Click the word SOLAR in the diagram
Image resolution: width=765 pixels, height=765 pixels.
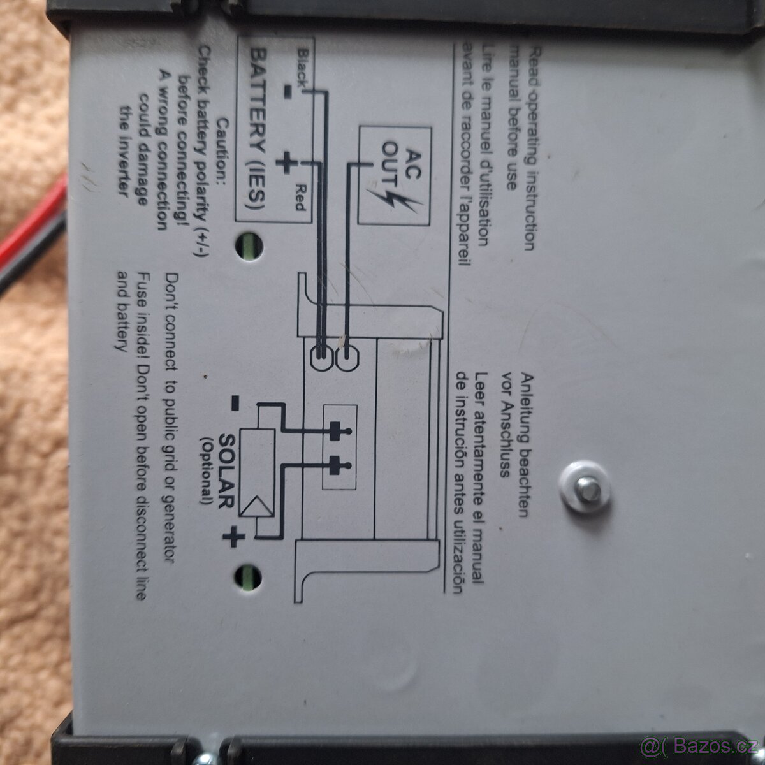(x=226, y=471)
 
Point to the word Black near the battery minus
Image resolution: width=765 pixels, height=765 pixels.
(x=303, y=68)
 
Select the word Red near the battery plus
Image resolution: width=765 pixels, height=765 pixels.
(x=300, y=197)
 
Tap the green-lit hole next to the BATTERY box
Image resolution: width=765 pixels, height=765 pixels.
(x=249, y=247)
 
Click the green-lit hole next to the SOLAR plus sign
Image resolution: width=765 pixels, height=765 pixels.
(x=248, y=578)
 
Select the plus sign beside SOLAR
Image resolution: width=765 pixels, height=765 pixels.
(x=233, y=537)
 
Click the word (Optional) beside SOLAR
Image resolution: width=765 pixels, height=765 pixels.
(x=207, y=471)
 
